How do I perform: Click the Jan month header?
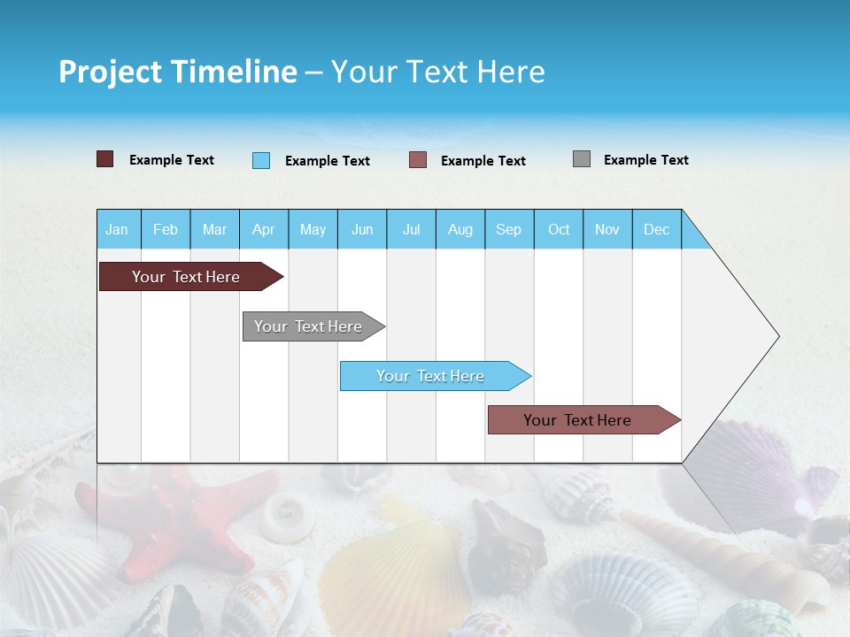click(117, 229)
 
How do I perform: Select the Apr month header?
click(263, 229)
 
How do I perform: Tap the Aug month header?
click(460, 229)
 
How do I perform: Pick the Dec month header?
click(656, 229)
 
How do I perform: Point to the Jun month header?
click(361, 229)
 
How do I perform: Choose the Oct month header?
click(558, 229)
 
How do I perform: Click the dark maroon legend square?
click(104, 159)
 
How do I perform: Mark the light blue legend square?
click(261, 160)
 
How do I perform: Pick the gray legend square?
click(582, 159)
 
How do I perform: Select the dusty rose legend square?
click(418, 160)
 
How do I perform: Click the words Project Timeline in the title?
click(177, 72)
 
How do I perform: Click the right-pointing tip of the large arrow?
click(777, 336)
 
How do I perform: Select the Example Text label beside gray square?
click(645, 159)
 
